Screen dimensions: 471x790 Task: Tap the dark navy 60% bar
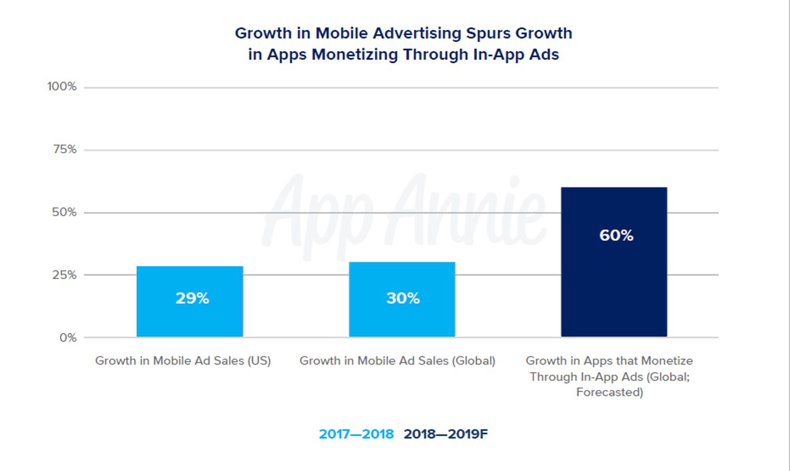pyautogui.click(x=614, y=282)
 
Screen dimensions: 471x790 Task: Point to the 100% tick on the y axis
pyautogui.click(x=62, y=87)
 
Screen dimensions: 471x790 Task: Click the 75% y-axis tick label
pyautogui.click(x=65, y=149)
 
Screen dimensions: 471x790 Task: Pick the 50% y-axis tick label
pyautogui.click(x=65, y=212)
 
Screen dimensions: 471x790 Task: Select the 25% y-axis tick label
pyautogui.click(x=65, y=275)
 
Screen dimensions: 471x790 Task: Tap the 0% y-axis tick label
pyautogui.click(x=68, y=338)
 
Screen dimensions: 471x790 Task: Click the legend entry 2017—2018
pyautogui.click(x=356, y=434)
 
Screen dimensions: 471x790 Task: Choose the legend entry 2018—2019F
pyautogui.click(x=446, y=434)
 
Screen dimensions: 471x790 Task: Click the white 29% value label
pyautogui.click(x=192, y=298)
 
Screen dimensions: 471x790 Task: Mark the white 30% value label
pyautogui.click(x=403, y=298)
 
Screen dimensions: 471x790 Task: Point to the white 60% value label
pyautogui.click(x=616, y=235)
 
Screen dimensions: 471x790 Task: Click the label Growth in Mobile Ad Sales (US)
pyautogui.click(x=183, y=361)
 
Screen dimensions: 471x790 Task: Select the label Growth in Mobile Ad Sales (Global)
pyautogui.click(x=397, y=361)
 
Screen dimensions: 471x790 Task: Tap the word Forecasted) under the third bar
pyautogui.click(x=610, y=392)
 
